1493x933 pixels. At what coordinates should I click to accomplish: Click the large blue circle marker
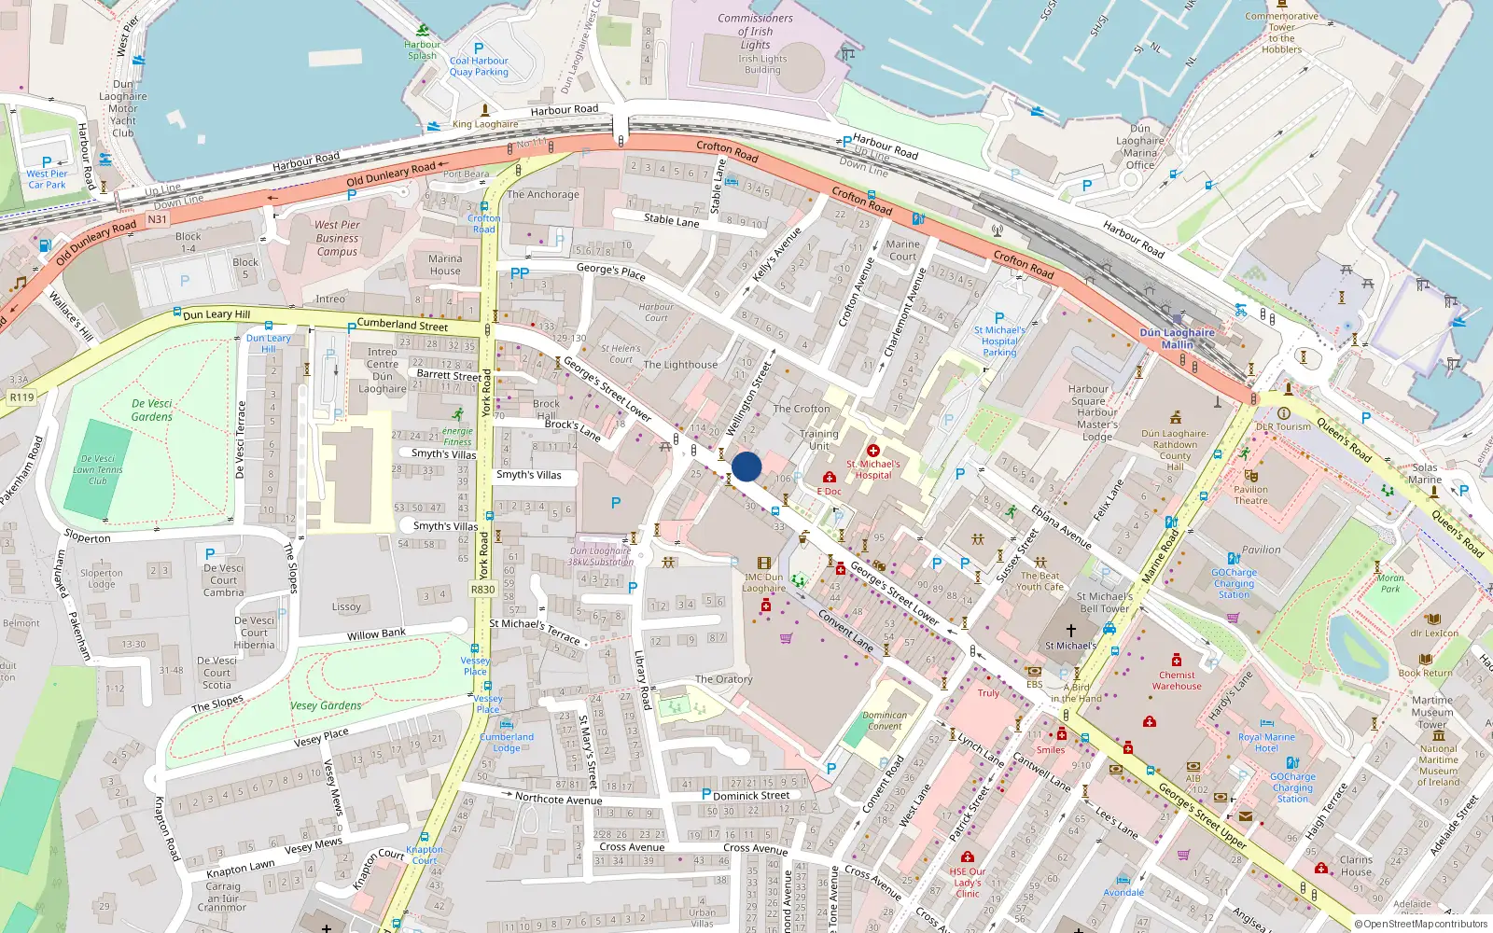pos(746,466)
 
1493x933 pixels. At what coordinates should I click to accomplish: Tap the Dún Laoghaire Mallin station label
pos(1177,339)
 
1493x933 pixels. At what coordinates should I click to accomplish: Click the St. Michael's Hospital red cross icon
pos(873,451)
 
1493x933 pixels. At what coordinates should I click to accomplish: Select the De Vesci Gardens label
pos(152,411)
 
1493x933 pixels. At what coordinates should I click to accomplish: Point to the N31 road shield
pos(157,220)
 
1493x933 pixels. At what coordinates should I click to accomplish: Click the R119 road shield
pos(21,397)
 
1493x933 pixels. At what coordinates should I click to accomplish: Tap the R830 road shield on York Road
pos(483,590)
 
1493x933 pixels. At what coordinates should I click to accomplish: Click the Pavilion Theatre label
pos(1250,494)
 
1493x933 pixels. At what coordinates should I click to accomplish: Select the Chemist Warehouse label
pos(1177,680)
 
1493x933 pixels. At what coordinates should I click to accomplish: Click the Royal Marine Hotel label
pos(1266,743)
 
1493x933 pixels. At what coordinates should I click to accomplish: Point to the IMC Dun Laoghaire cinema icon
pos(764,564)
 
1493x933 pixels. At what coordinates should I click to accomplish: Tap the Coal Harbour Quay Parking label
pos(479,66)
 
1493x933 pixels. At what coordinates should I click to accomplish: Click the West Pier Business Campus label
pos(337,238)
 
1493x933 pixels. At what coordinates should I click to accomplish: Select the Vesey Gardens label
pos(326,706)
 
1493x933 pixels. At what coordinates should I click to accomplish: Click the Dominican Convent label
pos(885,720)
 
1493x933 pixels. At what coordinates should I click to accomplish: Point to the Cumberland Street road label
pos(402,325)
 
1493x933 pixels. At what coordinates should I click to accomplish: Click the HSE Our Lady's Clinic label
pos(968,883)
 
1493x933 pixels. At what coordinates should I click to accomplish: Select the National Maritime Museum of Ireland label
pos(1438,765)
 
